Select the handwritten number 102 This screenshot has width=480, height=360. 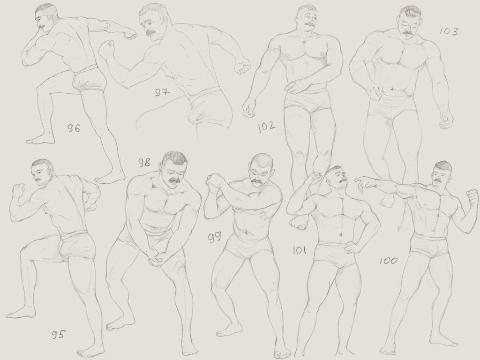267,127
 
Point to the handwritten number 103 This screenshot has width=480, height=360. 449,31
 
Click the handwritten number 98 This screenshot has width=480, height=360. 144,162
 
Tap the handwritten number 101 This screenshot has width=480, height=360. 300,251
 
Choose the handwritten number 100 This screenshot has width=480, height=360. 389,261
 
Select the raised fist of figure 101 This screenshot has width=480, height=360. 314,178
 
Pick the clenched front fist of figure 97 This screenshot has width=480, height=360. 106,48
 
